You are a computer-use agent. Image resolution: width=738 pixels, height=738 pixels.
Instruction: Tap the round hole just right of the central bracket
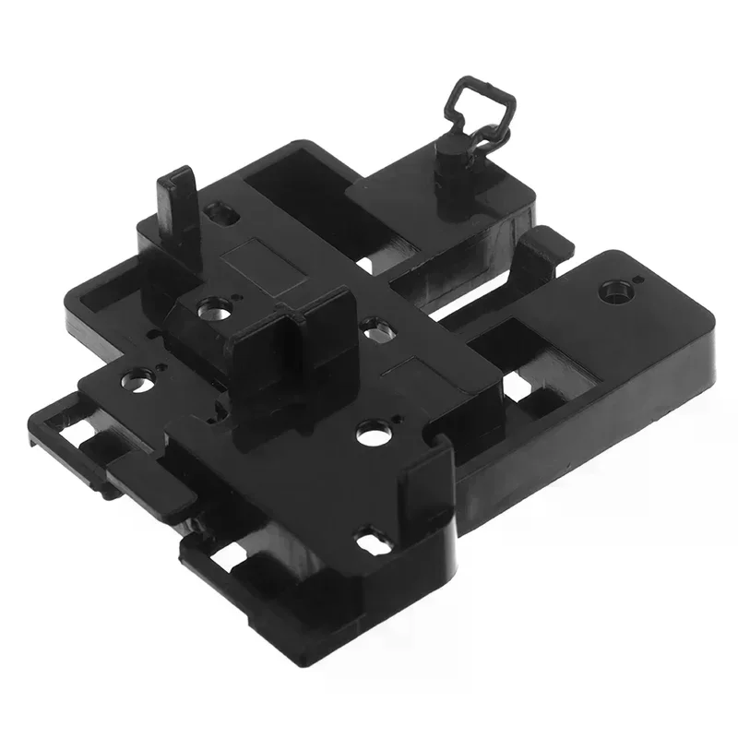[373, 327]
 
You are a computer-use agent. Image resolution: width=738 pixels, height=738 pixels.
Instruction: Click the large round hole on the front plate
[371, 432]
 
